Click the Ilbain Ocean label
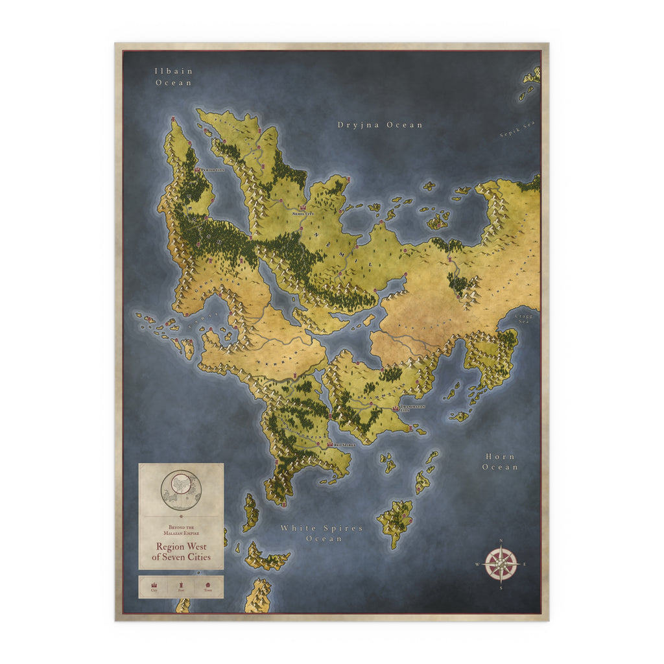[174, 77]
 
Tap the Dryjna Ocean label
[380, 124]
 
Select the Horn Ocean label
[500, 462]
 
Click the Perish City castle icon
[197, 169]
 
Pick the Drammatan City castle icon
[396, 408]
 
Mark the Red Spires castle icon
[330, 445]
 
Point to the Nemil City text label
[302, 213]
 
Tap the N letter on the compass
[501, 541]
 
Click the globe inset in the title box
[181, 490]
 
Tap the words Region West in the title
[181, 547]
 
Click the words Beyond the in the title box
[181, 527]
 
